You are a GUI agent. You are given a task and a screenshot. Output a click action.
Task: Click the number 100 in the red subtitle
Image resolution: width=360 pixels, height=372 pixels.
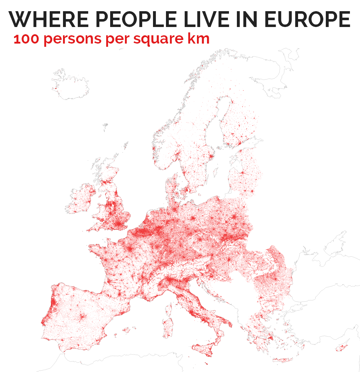pos(26,39)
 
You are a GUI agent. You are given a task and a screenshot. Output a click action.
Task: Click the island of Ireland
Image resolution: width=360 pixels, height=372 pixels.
pos(81,198)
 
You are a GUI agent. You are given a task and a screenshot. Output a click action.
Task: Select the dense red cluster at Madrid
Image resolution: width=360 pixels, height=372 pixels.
pos(83,317)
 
